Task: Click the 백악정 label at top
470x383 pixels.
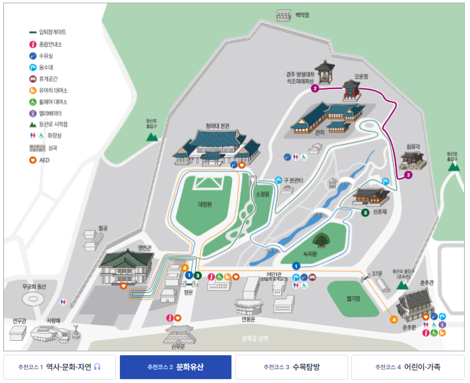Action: (x=303, y=14)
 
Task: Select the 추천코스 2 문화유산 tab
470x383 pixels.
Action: (x=175, y=367)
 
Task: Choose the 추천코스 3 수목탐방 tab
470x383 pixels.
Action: (x=291, y=367)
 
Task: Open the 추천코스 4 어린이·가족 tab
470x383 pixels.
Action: (x=407, y=367)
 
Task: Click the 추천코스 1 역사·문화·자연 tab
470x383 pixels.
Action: (x=59, y=367)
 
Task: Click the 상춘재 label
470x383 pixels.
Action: (x=380, y=212)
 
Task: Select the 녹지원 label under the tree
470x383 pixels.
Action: (x=310, y=253)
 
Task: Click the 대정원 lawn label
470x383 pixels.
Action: (x=205, y=204)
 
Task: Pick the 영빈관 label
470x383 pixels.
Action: (x=144, y=248)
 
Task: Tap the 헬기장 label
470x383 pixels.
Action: (x=354, y=297)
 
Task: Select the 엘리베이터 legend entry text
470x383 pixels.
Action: (x=53, y=113)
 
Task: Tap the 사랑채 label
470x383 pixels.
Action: (x=53, y=321)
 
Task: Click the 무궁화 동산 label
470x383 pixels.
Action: (x=36, y=287)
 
